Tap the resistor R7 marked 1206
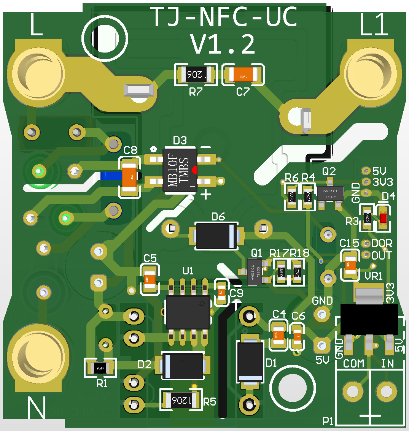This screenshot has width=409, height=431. click(196, 75)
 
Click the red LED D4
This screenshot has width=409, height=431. click(383, 218)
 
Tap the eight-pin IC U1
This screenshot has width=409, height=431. click(188, 312)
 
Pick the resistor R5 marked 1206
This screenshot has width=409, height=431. click(180, 399)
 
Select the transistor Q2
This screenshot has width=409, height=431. click(330, 192)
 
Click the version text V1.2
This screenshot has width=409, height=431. click(223, 44)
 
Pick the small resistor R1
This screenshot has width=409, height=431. click(100, 368)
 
